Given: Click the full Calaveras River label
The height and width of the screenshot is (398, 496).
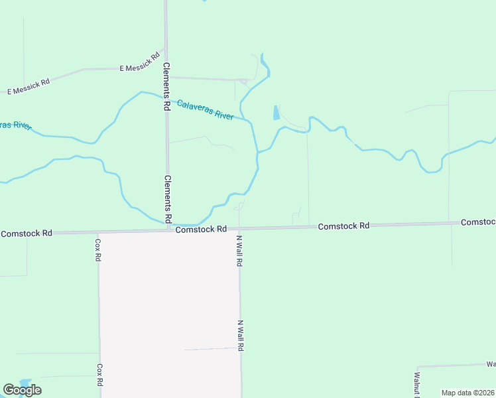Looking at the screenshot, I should coord(205,109).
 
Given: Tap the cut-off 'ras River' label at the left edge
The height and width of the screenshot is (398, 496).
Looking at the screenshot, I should coord(15,125).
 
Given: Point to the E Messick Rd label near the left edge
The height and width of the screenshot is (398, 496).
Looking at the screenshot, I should coord(29,87).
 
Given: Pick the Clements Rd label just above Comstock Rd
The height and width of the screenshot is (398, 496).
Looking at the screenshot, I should coord(168,198).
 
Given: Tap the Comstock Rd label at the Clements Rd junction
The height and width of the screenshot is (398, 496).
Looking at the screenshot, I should coord(201,229).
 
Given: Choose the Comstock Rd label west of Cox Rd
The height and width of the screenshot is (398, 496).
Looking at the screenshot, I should coord(27,233).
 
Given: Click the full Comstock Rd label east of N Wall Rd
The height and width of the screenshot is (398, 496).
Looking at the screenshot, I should coord(343,226).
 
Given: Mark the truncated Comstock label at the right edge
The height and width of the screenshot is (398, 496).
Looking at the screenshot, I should coord(478,222).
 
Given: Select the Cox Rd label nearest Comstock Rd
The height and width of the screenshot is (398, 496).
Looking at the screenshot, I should coord(97,249).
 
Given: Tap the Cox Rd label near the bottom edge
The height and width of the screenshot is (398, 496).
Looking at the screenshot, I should coord(99,374).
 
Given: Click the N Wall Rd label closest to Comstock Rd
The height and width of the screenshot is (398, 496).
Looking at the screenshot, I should coord(239,251).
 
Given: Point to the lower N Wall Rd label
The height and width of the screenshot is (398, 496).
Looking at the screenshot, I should coord(241,336).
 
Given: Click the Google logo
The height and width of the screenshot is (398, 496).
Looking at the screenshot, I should coord(22,390).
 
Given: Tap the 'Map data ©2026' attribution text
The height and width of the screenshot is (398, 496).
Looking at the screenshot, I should coord(467,393).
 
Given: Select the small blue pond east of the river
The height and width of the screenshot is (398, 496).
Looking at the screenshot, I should coord(275,113).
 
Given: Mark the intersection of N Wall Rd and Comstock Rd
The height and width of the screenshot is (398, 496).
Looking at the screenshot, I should coord(239,228).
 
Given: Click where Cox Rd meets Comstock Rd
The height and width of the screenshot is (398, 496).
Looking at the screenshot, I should coord(98,232).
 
